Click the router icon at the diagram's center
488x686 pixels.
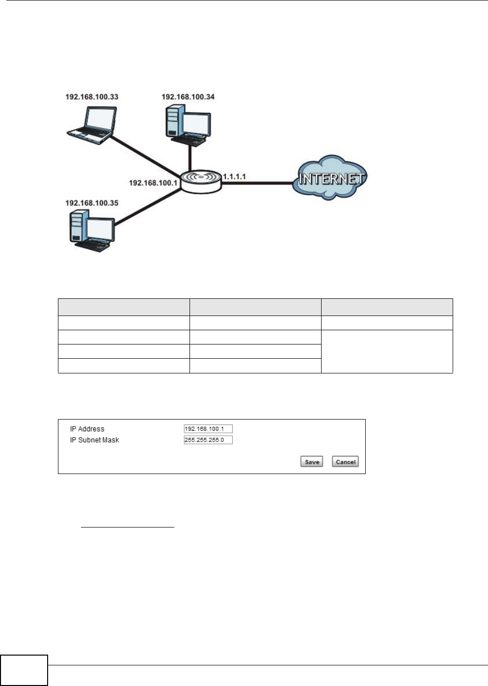click(200, 181)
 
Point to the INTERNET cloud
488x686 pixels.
click(330, 179)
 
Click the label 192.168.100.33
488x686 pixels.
click(92, 97)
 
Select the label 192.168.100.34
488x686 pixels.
click(188, 97)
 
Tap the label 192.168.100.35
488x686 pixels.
click(92, 203)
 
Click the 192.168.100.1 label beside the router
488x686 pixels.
click(153, 183)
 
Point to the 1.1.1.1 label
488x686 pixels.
click(234, 176)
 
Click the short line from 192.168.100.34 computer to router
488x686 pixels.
click(190, 157)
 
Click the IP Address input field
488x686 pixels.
click(208, 429)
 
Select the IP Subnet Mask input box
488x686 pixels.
click(208, 440)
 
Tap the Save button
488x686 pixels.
click(312, 462)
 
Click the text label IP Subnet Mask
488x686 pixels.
click(95, 440)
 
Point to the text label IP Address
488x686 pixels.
click(87, 429)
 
